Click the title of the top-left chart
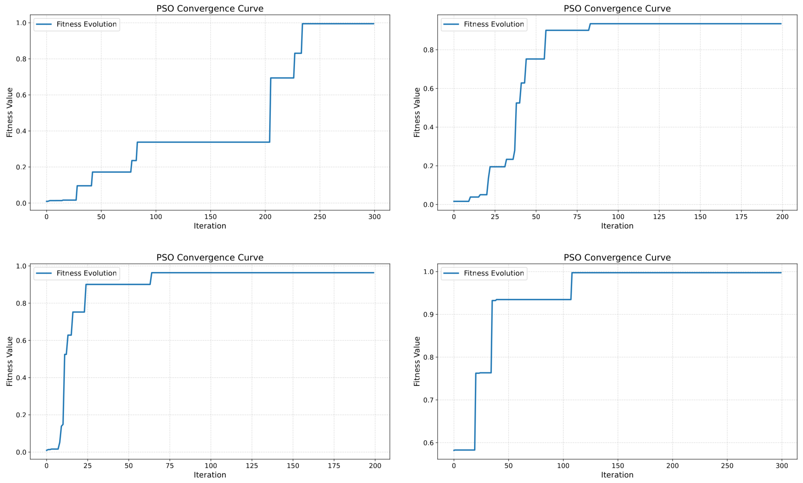210,9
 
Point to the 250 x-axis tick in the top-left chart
320,217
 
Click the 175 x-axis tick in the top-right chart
741,217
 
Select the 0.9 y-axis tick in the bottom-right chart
428,315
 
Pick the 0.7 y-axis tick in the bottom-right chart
428,400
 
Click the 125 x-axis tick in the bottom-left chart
252,466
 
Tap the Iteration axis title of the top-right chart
617,226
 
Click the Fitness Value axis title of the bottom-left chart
9,361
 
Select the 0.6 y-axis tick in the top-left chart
21,95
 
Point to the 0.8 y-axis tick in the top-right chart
428,50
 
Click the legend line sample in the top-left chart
44,24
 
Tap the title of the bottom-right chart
617,257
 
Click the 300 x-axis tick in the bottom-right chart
782,466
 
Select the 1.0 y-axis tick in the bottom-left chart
21,266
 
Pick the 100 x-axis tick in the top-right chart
618,217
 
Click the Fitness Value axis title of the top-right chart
417,112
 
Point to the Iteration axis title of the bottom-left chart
210,475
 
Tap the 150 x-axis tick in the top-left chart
210,217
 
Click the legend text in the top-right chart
494,24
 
